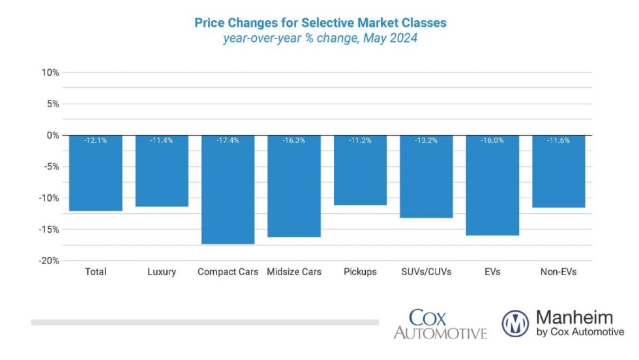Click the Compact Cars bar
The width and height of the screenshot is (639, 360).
coord(228,190)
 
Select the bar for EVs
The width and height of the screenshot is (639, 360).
coord(492,185)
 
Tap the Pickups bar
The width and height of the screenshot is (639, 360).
coord(360,170)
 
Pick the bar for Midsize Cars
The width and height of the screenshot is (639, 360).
coord(294,186)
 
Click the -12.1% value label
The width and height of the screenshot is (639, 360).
coord(95,140)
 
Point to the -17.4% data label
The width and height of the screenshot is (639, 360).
coord(228,140)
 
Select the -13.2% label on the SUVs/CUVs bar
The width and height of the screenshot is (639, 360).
coord(426,140)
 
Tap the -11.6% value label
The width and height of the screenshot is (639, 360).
coord(558,140)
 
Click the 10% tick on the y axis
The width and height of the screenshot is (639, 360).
coord(50,72)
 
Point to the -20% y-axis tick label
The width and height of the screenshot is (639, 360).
coord(49,261)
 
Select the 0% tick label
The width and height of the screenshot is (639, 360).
coord(53,136)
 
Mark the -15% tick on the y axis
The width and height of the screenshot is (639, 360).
coord(49,230)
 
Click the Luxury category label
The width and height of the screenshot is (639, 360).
coord(162,272)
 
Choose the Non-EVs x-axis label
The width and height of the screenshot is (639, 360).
coord(558,272)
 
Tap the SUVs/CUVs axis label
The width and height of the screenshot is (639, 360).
coord(426,272)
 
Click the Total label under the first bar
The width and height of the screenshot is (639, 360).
coord(95,272)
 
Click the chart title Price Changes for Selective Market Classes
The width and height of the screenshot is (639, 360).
coord(320,23)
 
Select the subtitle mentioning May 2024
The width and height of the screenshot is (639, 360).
coord(320,38)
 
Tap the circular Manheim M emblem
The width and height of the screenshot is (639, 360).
coord(515,323)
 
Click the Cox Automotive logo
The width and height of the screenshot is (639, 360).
coord(441,324)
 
